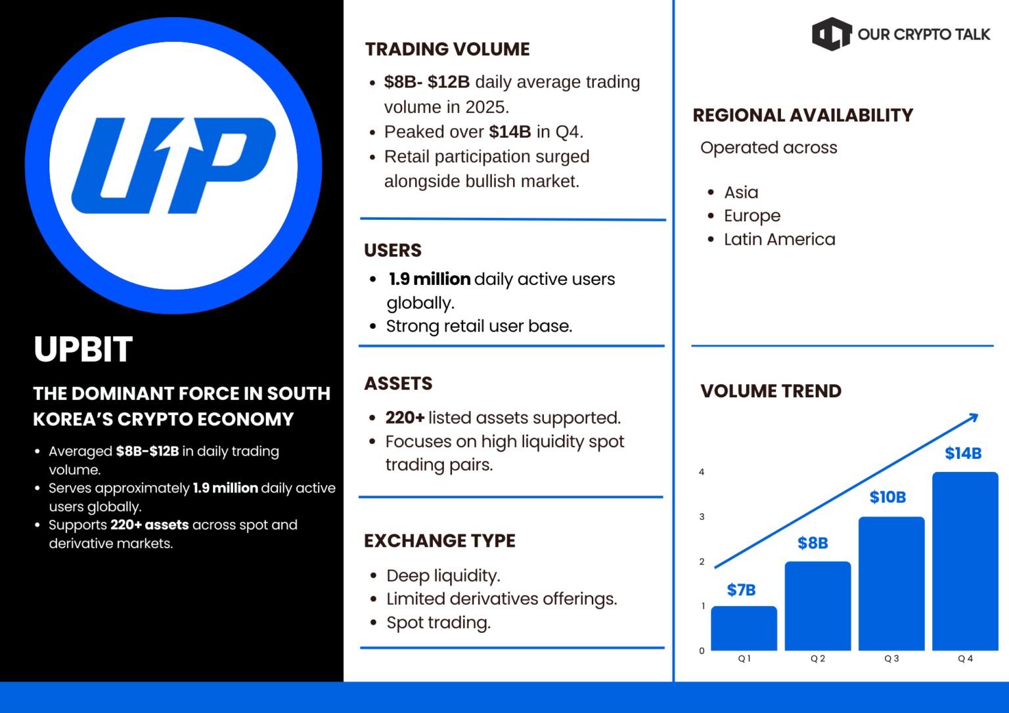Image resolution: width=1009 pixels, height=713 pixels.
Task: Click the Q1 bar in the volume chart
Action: point(744,628)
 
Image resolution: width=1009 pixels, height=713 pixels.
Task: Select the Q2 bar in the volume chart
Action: point(818,605)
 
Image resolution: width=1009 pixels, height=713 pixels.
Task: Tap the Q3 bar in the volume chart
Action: point(891,584)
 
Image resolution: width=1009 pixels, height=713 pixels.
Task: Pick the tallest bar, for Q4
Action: point(965,561)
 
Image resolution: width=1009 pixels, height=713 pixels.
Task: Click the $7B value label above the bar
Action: point(741,590)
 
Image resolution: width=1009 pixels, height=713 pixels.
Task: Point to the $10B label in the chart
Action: point(887,497)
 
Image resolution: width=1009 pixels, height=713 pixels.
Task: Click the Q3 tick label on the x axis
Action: point(891,659)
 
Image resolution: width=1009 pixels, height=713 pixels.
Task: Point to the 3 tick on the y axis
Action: point(702,517)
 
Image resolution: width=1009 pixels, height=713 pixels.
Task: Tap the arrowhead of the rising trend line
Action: point(973,418)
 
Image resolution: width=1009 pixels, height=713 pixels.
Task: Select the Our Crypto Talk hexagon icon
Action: point(832,33)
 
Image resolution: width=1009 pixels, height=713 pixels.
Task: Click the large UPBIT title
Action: point(83,349)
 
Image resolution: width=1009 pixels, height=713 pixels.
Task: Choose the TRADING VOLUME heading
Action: point(447,49)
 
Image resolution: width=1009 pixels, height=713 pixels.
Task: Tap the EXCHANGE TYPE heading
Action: point(439,540)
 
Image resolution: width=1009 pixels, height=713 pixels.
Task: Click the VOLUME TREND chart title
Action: point(771,391)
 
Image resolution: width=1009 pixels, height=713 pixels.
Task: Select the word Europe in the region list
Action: point(751,216)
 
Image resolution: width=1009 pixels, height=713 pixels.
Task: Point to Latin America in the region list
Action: point(779,239)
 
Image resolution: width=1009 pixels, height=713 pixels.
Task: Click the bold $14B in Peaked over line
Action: point(510,131)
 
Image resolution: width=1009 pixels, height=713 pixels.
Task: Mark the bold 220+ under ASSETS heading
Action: point(405,418)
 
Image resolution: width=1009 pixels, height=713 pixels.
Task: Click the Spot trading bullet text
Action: point(438,622)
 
